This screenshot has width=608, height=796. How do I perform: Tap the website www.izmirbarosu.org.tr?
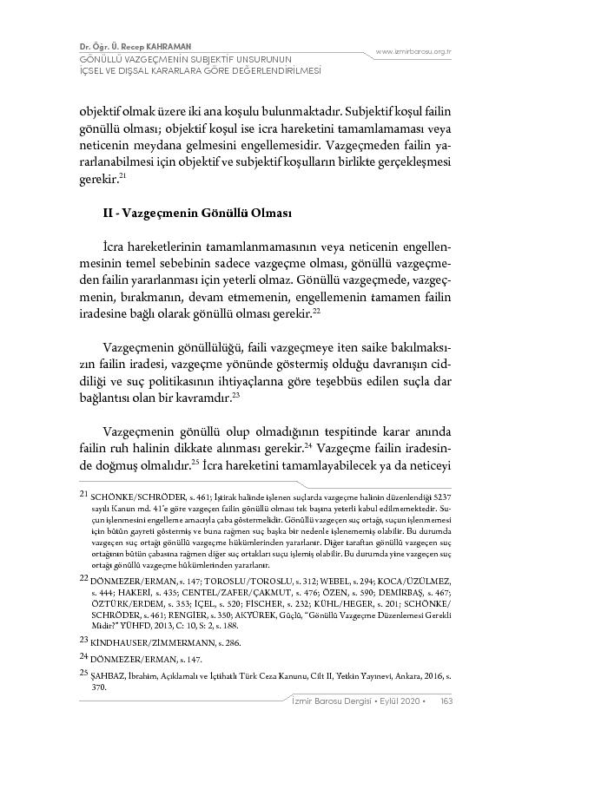pos(413,52)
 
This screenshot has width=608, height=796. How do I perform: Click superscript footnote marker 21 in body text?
pos(124,175)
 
